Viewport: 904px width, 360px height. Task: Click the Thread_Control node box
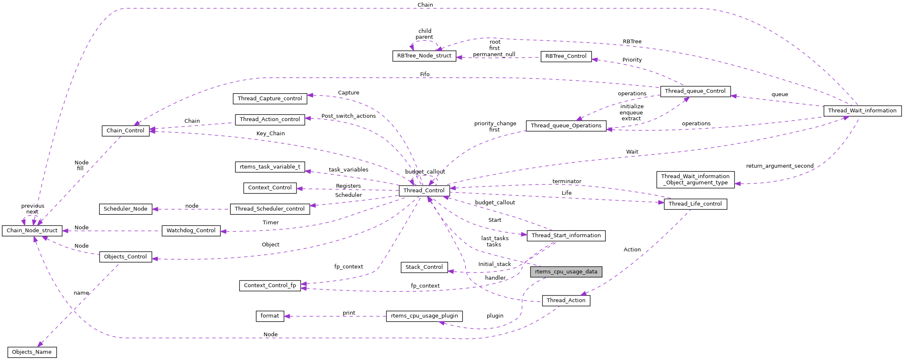(424, 191)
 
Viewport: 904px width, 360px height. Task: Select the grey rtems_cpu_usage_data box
(566, 272)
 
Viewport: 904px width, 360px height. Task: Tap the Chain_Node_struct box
(32, 231)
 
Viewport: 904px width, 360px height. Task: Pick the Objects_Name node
(32, 352)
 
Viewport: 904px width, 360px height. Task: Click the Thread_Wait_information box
(862, 111)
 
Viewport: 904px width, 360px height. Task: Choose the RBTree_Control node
(565, 56)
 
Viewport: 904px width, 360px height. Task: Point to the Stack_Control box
(424, 267)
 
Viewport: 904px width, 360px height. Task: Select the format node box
(269, 316)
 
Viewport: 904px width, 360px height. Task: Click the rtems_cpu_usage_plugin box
(424, 316)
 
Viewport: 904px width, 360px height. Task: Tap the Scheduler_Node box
(125, 209)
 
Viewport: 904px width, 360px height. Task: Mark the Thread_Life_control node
(695, 204)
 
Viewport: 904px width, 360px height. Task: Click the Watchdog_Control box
(191, 231)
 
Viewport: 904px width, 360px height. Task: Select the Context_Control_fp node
(270, 286)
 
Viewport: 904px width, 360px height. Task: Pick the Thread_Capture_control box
(270, 99)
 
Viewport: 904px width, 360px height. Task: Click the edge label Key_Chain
(271, 134)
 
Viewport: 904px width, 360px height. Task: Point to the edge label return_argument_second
(779, 166)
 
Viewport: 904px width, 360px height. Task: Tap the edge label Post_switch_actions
(349, 116)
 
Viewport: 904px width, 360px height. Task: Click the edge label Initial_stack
(494, 264)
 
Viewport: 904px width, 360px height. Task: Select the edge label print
(349, 313)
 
